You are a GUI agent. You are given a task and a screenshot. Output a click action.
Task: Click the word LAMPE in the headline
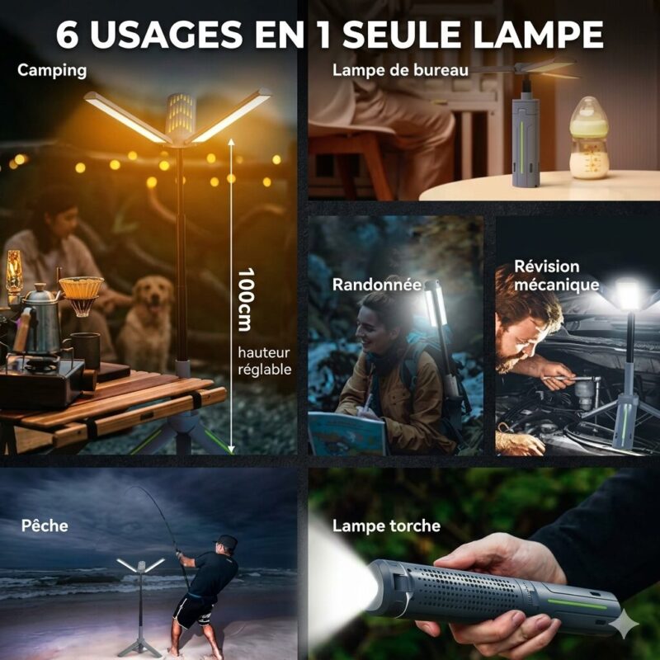click(539, 34)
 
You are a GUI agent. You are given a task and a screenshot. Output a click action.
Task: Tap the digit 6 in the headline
click(68, 34)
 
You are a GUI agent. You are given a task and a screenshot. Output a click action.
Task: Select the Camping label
click(52, 71)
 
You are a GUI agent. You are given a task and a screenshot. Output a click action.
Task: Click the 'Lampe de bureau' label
click(400, 70)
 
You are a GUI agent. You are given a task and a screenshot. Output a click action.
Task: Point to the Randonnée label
click(377, 285)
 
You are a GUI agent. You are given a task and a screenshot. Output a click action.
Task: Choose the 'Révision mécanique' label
click(556, 276)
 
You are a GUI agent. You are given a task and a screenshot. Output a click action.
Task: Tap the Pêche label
click(45, 526)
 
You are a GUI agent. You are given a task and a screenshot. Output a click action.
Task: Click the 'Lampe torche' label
click(386, 526)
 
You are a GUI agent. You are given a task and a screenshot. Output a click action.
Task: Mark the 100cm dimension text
click(246, 299)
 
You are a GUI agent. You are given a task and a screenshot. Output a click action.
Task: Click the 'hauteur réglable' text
click(265, 361)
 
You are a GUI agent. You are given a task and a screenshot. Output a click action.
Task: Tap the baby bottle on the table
click(589, 138)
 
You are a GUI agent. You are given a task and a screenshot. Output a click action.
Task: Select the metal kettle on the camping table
click(42, 318)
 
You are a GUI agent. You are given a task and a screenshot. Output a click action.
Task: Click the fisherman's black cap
click(226, 542)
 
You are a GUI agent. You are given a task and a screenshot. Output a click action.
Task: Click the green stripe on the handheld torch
click(577, 604)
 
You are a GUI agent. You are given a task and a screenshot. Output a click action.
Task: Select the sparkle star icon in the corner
click(625, 623)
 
